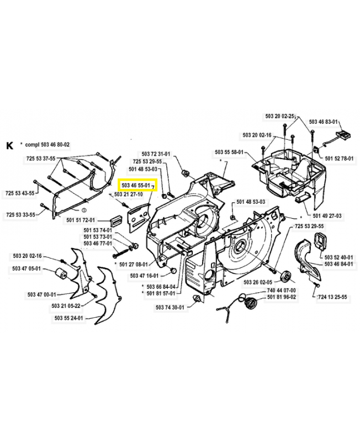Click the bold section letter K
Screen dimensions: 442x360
point(9,146)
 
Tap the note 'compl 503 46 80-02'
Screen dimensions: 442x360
point(48,145)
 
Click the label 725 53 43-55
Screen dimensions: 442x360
point(20,193)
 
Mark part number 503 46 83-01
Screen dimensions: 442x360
point(323,122)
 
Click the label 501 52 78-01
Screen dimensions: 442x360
point(340,159)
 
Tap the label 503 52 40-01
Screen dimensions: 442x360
point(339,257)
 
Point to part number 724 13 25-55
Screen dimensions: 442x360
point(333,297)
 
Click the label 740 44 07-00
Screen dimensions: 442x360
point(281,290)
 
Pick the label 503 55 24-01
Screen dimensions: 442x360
point(69,318)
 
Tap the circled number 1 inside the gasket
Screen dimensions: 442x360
point(83,210)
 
